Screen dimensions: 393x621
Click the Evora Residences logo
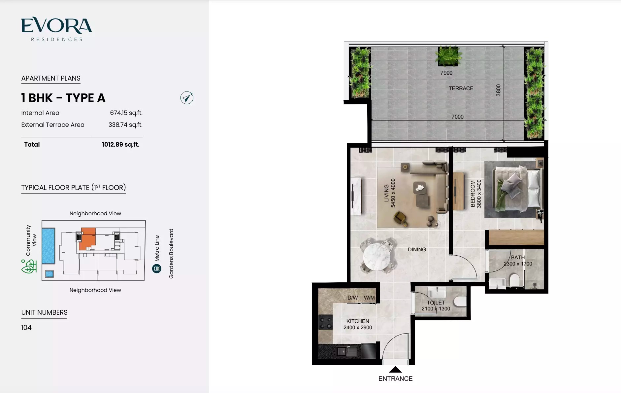coord(56,29)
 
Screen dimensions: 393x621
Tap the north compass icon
coord(187,98)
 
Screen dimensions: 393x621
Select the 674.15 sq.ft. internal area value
coord(126,113)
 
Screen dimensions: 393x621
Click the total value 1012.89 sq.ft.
coord(120,145)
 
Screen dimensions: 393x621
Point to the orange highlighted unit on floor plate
coord(87,239)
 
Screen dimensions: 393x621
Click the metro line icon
coord(157,268)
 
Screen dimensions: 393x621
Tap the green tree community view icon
coord(29,267)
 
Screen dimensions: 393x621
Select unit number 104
coord(26,328)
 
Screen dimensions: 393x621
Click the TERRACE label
coord(461,89)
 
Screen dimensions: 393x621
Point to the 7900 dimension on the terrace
coord(446,73)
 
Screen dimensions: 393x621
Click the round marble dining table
coord(376,257)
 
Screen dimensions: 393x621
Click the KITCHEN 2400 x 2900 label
coord(357,324)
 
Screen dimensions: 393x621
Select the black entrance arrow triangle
coord(395,370)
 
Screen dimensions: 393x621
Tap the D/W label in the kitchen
coord(352,298)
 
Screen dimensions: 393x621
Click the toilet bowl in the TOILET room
coord(460,301)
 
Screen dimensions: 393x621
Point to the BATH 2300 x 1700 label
coord(518,261)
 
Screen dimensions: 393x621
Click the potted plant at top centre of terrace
coord(448,55)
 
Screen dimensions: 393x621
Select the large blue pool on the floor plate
coord(49,246)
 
